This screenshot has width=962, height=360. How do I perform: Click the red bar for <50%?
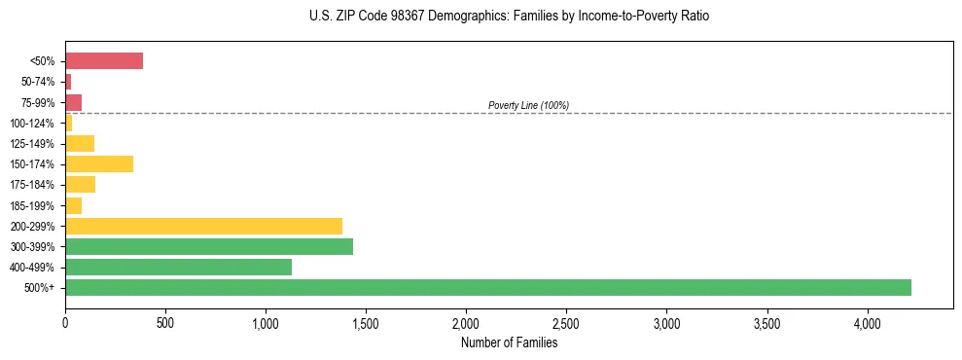(104, 61)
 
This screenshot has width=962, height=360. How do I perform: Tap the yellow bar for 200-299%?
(203, 226)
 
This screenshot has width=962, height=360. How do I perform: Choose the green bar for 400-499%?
(178, 267)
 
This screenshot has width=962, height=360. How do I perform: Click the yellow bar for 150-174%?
(99, 163)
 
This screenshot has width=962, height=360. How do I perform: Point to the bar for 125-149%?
(80, 143)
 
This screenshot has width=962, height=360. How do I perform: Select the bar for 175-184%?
(80, 184)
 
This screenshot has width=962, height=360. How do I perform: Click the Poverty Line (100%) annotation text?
(528, 105)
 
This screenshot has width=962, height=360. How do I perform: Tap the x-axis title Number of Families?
(509, 342)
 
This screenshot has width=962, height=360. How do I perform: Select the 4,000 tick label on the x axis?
(868, 321)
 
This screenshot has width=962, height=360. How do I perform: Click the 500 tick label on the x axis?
(165, 321)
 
